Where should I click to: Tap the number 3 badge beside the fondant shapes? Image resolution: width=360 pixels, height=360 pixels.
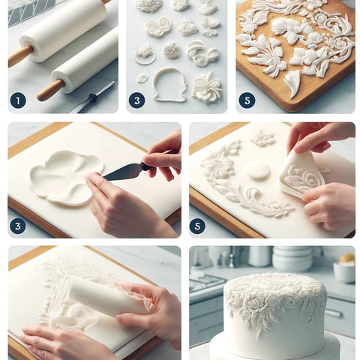click(x=136, y=100)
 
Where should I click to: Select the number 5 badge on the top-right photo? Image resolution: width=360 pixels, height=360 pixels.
click(x=247, y=100)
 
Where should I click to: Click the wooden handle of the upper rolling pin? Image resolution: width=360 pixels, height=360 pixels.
click(x=20, y=56)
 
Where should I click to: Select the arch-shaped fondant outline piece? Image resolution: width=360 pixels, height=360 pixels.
click(x=169, y=84)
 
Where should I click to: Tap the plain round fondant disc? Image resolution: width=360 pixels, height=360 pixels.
click(x=259, y=170)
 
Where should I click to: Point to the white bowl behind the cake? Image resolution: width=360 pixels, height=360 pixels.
click(x=344, y=271)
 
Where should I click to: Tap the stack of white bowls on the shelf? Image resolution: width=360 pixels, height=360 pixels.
click(x=292, y=258)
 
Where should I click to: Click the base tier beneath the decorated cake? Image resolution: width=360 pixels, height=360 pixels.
click(x=274, y=352)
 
